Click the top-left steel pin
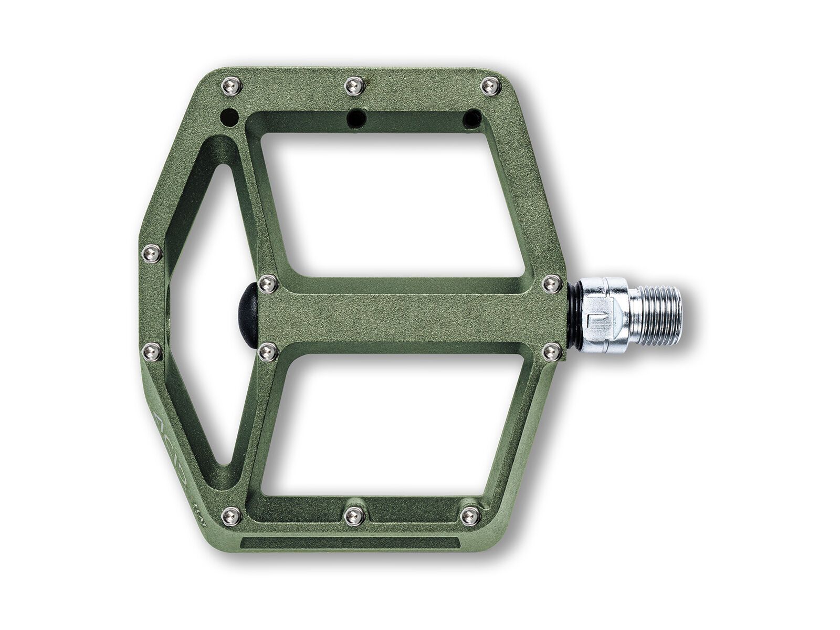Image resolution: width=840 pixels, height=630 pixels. tap(231, 86)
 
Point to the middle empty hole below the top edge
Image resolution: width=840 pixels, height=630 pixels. tap(355, 115)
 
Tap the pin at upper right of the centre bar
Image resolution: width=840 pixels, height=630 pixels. tap(550, 284)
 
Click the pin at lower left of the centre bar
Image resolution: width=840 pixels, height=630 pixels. tap(268, 351)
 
